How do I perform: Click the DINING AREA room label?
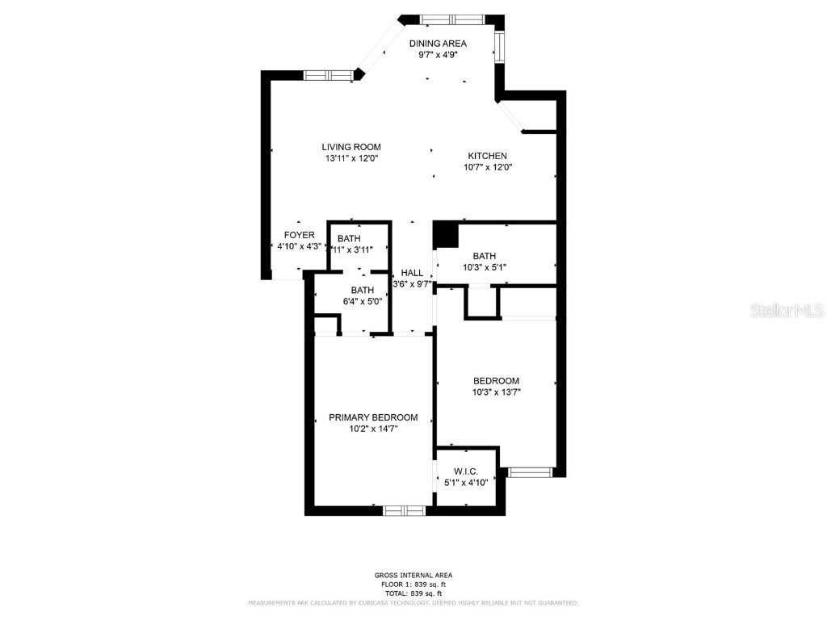(437, 44)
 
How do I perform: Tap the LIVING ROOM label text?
(351, 147)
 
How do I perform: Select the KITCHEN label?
(488, 156)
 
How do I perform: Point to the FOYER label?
(299, 235)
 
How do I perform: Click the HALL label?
(412, 273)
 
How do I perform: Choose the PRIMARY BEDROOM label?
(373, 417)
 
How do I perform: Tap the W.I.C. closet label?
(466, 471)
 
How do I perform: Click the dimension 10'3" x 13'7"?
(496, 392)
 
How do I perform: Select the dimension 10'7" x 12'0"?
(488, 167)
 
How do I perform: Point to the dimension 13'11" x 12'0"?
(351, 158)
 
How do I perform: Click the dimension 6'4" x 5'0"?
(362, 301)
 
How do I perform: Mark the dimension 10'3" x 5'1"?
(484, 267)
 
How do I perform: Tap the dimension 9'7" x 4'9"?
(437, 55)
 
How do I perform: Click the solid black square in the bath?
(445, 234)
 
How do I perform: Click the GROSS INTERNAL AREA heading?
(413, 575)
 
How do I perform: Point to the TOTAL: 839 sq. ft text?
(413, 593)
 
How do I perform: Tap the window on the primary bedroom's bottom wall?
(404, 510)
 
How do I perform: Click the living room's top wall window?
(328, 75)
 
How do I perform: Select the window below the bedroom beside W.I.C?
(529, 471)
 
